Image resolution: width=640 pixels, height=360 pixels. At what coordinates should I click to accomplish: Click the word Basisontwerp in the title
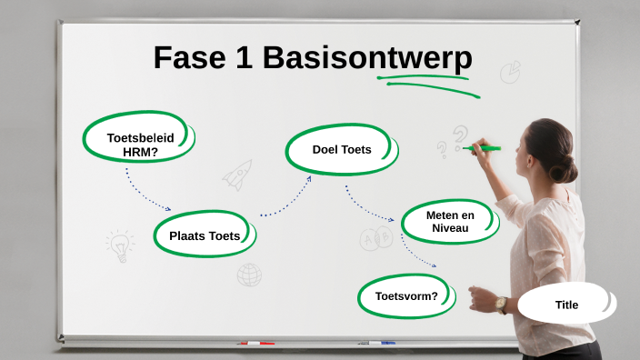pos(367,58)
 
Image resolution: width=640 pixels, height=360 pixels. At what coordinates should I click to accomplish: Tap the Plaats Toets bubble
pos(205,235)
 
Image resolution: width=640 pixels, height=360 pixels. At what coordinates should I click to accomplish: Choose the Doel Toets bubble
pos(342,149)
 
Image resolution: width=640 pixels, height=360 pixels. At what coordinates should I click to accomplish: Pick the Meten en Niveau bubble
pos(449,221)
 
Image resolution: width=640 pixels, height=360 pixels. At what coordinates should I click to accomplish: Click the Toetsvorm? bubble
pos(406,296)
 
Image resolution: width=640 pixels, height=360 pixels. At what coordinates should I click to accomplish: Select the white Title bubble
pos(566,305)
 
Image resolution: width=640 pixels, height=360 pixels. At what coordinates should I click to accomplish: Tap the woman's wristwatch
pos(501,305)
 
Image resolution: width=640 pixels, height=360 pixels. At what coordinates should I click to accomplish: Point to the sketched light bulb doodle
pos(119,245)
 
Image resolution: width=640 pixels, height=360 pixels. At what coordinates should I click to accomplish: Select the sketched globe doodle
pos(249,275)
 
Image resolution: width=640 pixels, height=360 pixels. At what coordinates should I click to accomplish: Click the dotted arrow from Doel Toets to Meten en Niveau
pos(369,207)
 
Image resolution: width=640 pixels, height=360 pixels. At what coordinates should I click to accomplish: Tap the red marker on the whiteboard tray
pos(256,344)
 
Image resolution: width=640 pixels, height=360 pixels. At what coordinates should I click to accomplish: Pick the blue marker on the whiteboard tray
pos(382,343)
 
